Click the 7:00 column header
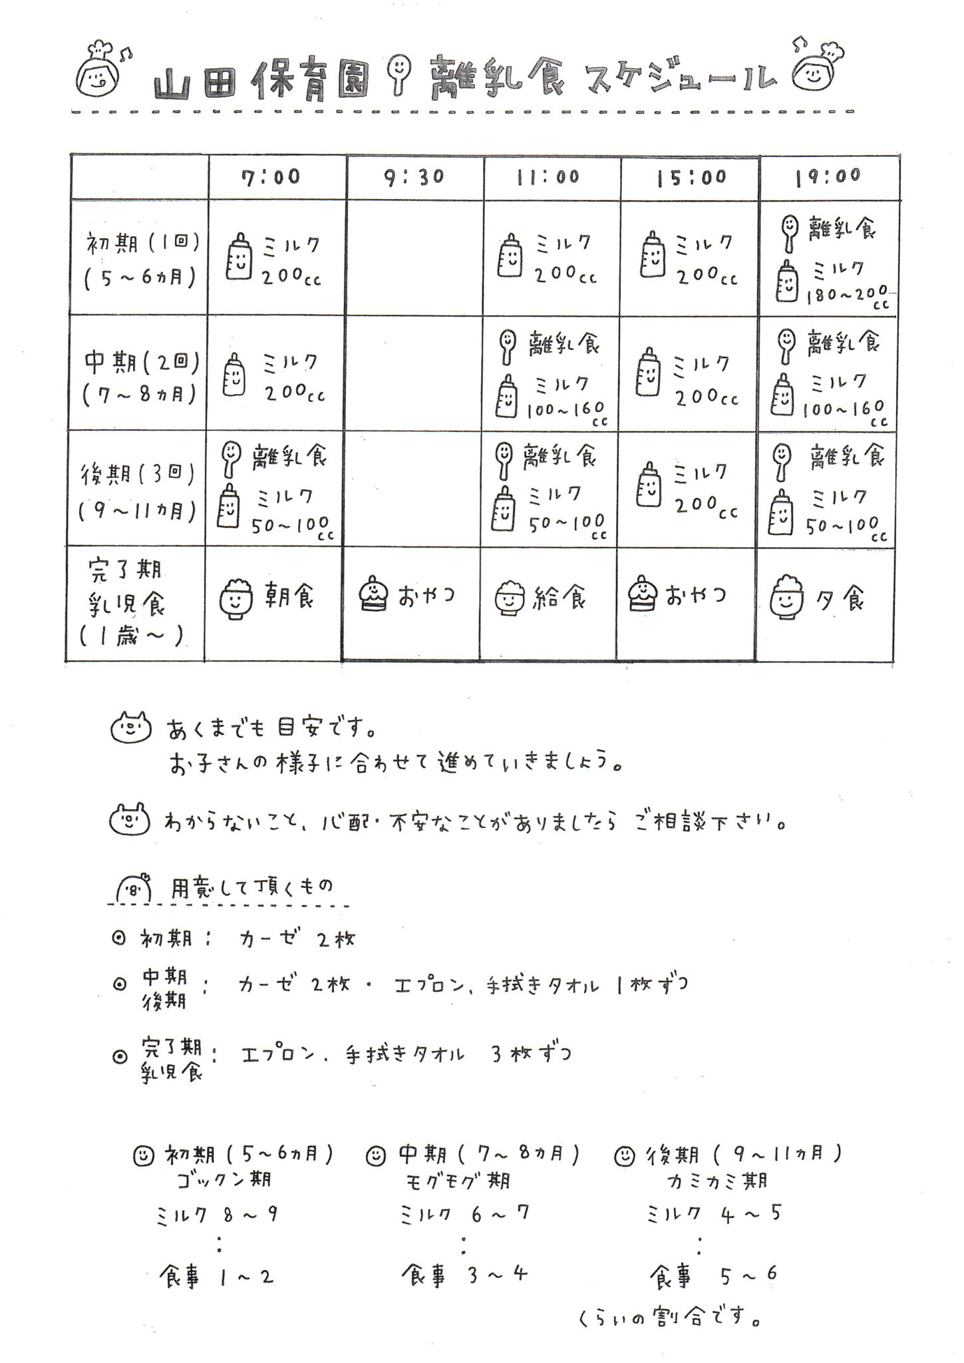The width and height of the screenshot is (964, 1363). pyautogui.click(x=271, y=177)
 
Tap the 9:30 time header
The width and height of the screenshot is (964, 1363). pyautogui.click(x=414, y=178)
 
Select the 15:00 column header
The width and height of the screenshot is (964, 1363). pyautogui.click(x=691, y=178)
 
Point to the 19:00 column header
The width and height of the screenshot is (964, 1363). pyautogui.click(x=828, y=176)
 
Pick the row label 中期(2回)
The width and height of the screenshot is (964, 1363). pyautogui.click(x=142, y=363)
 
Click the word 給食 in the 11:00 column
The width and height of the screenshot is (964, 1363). pyautogui.click(x=560, y=599)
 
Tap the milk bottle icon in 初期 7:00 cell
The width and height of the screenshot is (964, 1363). pyautogui.click(x=239, y=256)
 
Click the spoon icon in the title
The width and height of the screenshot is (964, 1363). pyautogui.click(x=399, y=73)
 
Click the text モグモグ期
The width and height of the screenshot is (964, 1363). pyautogui.click(x=458, y=1181)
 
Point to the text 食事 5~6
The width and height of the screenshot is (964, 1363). pyautogui.click(x=713, y=1274)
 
